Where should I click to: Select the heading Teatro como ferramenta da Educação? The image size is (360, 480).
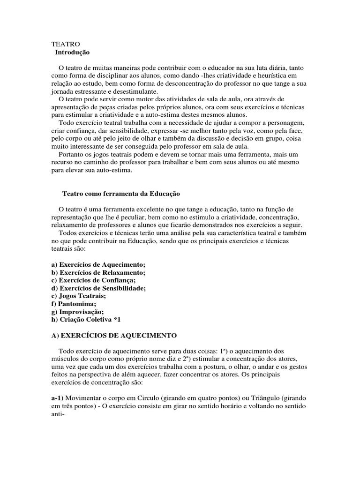[121, 193]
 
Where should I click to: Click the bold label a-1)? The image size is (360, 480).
[60, 398]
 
